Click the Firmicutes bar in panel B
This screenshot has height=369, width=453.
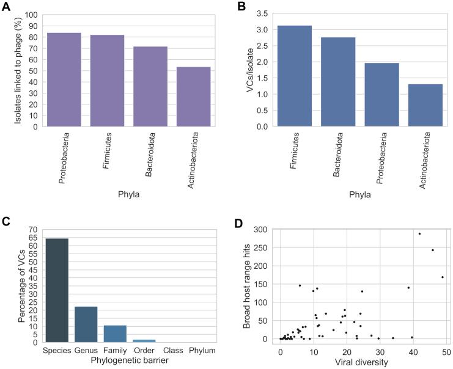pos(294,76)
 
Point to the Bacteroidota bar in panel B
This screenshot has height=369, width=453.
pos(337,82)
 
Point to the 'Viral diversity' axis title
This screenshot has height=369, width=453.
pos(361,362)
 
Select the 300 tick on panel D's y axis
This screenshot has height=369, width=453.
pos(259,229)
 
